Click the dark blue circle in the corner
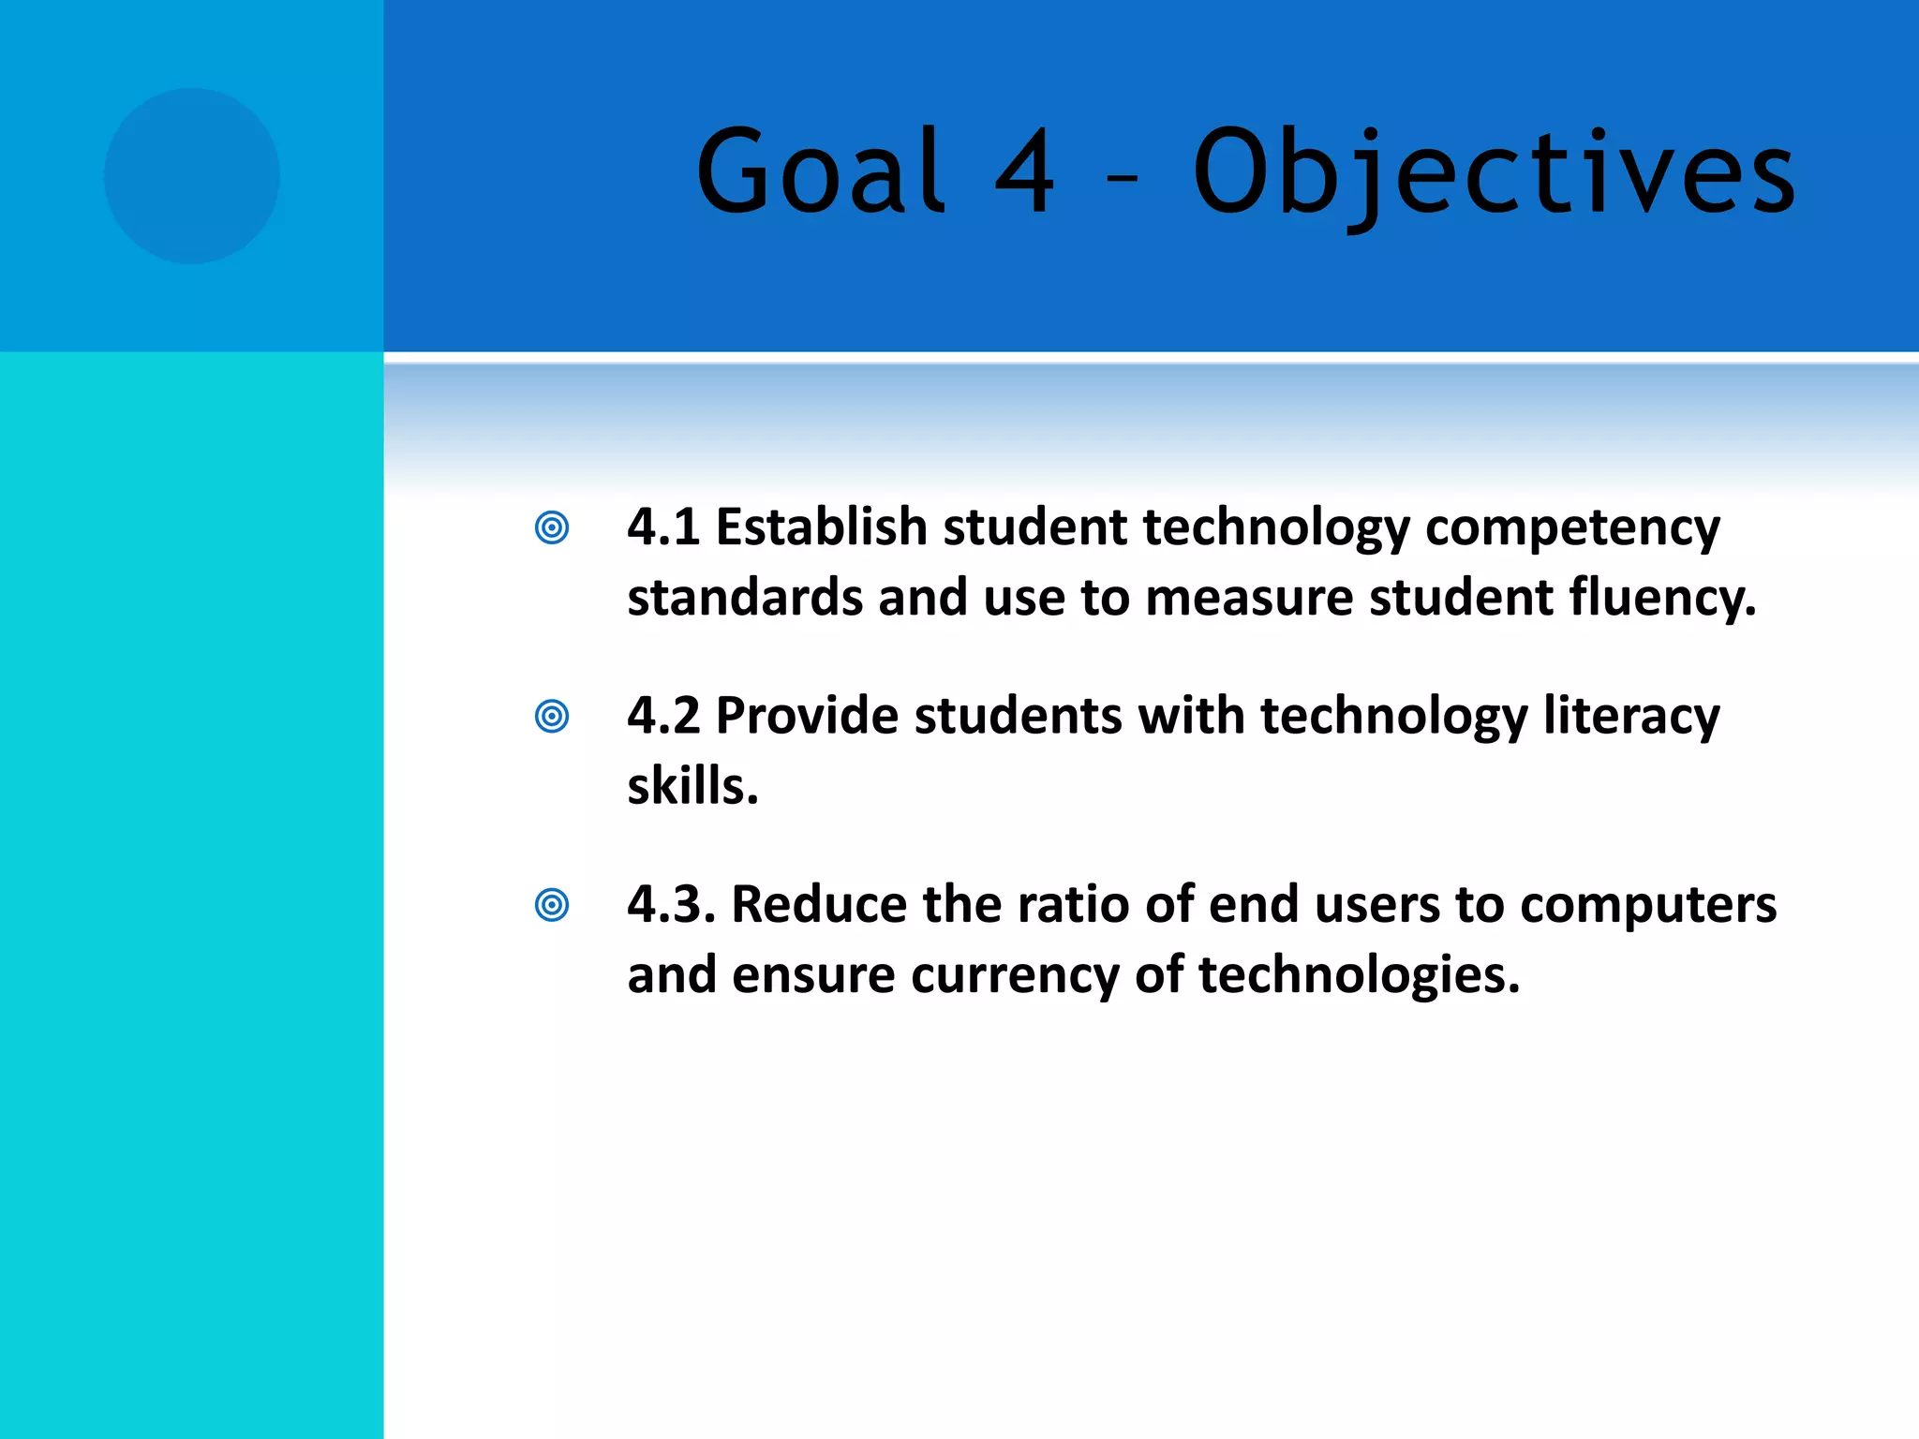pos(191,176)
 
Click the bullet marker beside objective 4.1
pos(552,527)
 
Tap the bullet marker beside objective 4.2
pos(552,717)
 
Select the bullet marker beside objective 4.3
pos(552,905)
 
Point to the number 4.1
pos(663,527)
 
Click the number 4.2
pos(663,717)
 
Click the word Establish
pos(821,527)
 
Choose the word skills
pos(692,787)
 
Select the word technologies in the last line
pos(1359,976)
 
